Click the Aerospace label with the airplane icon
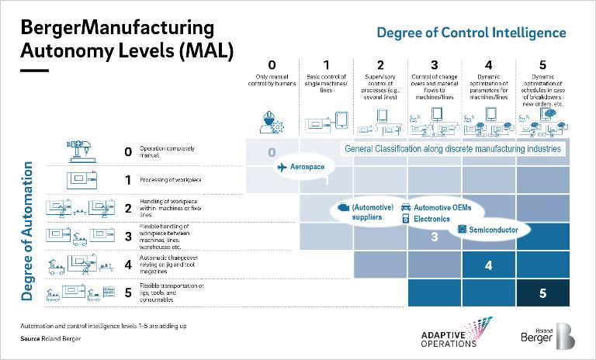click(x=300, y=168)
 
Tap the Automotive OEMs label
click(x=440, y=208)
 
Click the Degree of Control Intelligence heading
click(x=471, y=33)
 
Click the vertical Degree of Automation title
click(x=26, y=231)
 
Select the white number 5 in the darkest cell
click(x=542, y=294)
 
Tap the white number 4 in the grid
click(x=488, y=265)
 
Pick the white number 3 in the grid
click(x=435, y=237)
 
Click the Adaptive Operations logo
click(x=449, y=334)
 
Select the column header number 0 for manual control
click(x=272, y=65)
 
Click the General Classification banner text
click(x=451, y=148)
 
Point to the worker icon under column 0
click(x=272, y=121)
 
